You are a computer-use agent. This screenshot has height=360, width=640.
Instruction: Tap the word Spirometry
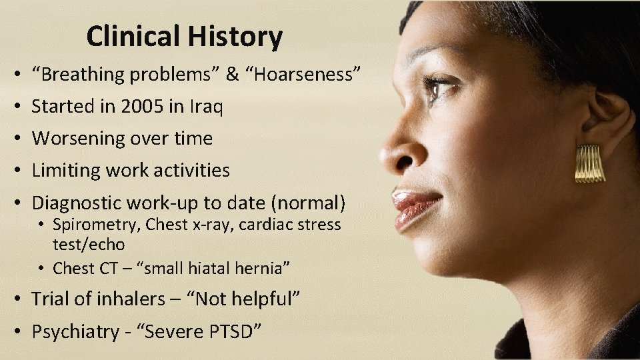(95, 225)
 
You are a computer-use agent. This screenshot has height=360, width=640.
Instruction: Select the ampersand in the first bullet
(231, 74)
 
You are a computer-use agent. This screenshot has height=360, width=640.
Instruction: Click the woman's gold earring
(590, 163)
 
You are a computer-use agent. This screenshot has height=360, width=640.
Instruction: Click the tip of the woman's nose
(385, 157)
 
